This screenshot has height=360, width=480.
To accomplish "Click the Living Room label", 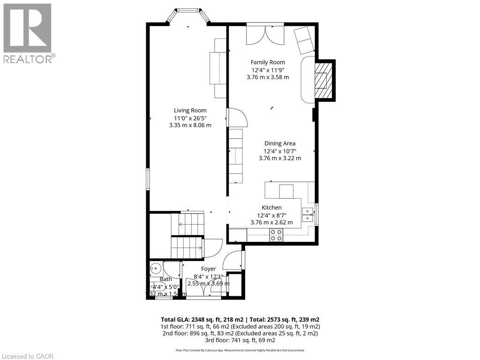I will [x=190, y=111].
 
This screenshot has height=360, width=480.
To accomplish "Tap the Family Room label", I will [x=268, y=62].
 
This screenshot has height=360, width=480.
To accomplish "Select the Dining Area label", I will [x=280, y=143].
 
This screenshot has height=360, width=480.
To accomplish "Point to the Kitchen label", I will [x=272, y=208].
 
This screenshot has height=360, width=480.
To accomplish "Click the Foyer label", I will [x=209, y=269].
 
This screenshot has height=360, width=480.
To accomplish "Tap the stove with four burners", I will [x=276, y=235].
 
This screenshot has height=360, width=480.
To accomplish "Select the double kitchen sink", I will [x=308, y=215].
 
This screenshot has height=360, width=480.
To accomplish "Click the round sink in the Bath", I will [x=155, y=269].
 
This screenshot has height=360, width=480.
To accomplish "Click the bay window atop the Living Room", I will [x=187, y=14].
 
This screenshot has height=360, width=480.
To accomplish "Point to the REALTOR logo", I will [x=28, y=33].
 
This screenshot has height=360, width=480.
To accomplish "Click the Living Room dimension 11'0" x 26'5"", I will [x=190, y=118].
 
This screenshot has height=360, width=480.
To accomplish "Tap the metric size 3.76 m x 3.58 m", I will [x=268, y=77].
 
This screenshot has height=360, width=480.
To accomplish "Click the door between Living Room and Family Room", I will [x=237, y=117].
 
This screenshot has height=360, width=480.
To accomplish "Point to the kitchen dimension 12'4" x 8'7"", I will [x=272, y=215].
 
